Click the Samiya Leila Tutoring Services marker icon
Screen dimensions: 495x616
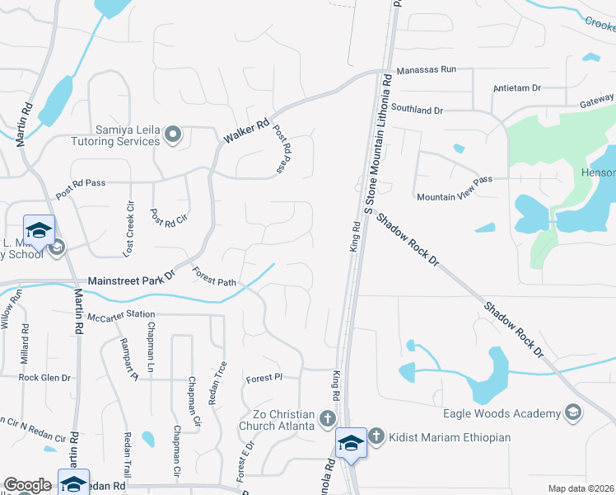tap(173, 134)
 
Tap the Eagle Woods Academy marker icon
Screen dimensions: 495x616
tap(573, 412)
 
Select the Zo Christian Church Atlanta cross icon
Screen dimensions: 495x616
tap(328, 419)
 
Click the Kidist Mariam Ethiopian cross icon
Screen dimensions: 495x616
tap(376, 436)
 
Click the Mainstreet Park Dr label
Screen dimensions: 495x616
tap(132, 280)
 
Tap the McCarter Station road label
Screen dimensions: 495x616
tap(121, 314)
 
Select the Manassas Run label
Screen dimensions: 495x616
tap(426, 70)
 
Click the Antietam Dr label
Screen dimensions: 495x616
tap(516, 87)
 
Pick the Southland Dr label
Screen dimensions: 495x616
tap(417, 109)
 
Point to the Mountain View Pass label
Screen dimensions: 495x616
tap(454, 197)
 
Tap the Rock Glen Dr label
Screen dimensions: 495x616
tap(44, 377)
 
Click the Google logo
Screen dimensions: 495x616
tap(26, 485)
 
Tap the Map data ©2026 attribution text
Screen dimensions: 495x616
tap(581, 488)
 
